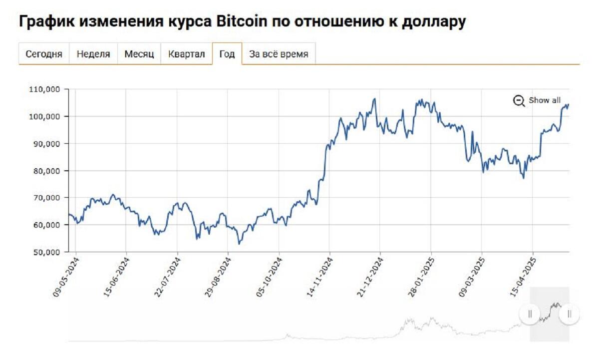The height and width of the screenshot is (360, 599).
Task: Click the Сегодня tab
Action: click(44, 54)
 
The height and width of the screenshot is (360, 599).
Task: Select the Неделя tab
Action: click(93, 54)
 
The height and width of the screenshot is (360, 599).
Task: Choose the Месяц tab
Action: click(139, 54)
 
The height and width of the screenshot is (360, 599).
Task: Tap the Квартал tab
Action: click(187, 54)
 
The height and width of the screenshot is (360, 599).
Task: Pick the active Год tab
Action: click(227, 54)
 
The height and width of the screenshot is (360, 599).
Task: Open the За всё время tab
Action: click(279, 54)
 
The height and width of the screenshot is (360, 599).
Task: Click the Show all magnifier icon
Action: click(519, 101)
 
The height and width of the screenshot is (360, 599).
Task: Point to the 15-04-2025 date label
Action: click(525, 277)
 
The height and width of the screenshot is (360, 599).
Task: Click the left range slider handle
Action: click(530, 314)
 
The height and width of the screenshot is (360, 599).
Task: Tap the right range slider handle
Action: click(569, 314)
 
